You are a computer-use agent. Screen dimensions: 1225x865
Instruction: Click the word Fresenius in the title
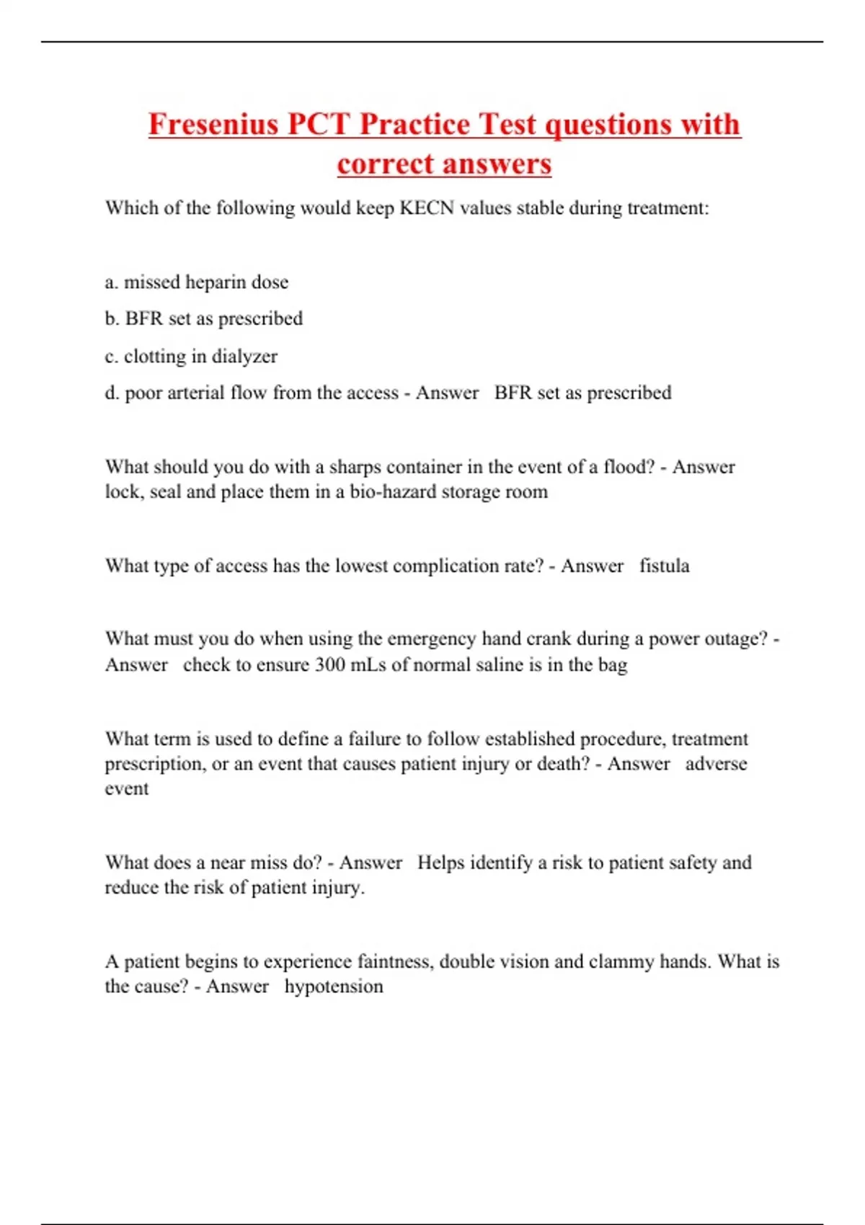213,124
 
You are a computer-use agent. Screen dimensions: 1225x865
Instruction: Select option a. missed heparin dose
197,282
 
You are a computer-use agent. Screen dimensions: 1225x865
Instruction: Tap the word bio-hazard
392,492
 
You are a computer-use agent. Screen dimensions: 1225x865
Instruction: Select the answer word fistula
664,566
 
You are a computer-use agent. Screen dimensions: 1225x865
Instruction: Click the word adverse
716,764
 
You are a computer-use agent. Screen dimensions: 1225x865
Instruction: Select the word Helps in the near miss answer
440,863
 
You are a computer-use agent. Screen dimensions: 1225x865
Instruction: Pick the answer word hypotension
334,986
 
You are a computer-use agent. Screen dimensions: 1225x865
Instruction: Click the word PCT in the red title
318,124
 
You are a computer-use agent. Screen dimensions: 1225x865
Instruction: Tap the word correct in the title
378,164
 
